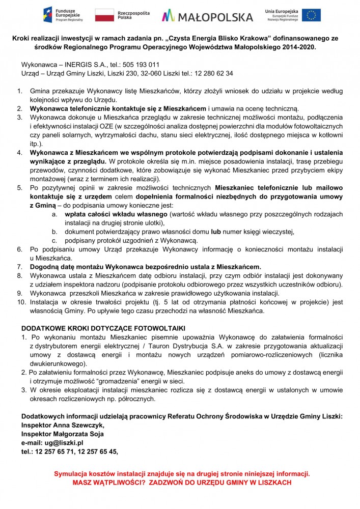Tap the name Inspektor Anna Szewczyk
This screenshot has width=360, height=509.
[63, 425]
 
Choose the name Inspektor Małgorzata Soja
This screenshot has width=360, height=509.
[63, 434]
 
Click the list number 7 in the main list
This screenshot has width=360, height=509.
[19, 266]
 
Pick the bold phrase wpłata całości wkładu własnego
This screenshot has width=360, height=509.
[116, 214]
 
